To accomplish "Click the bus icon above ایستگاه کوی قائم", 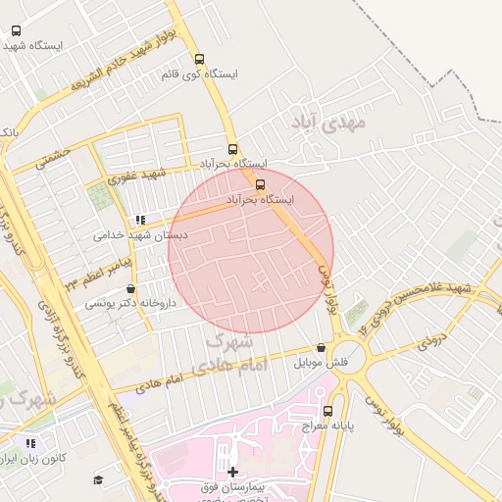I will coord(200,59).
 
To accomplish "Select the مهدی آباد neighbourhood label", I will coord(327,123).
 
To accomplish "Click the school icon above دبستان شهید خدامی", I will coord(141,220).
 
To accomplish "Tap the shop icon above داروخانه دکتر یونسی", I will coord(131,289).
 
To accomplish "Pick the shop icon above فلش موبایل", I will coord(321,347).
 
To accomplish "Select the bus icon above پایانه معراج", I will coord(327,412).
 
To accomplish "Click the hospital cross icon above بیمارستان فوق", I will coord(232,473).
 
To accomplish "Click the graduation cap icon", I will coord(98,479).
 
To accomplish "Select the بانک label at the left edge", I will coord(9,131).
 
